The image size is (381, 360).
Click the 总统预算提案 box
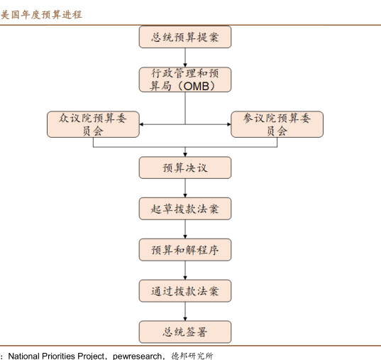pos(185,37)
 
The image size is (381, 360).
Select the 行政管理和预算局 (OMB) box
pos(185,80)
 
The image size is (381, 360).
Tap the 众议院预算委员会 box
pos(93,124)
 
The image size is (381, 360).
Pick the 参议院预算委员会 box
pos(277,124)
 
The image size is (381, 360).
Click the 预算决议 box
pos(185,168)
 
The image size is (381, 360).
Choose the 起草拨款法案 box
pos(185,209)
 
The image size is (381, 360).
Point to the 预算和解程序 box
pos(185,250)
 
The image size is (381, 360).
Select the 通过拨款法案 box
pos(185,291)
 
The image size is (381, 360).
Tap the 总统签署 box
pos(185,332)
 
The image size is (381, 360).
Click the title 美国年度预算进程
pos(41,15)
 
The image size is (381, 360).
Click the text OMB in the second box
pos(197,87)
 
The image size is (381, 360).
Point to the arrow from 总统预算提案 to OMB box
pos(185,58)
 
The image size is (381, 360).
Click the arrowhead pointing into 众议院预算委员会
pos(141,124)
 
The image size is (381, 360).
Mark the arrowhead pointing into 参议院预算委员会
pos(229,124)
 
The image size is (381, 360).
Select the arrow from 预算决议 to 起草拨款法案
pos(185,188)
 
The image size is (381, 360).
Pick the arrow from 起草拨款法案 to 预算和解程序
pos(185,229)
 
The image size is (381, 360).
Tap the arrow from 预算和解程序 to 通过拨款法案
pos(185,271)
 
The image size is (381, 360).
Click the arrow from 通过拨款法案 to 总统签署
pos(185,311)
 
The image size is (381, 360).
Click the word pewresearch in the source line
pos(137,356)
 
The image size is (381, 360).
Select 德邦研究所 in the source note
pos(192,356)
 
